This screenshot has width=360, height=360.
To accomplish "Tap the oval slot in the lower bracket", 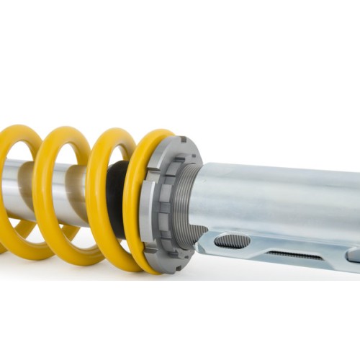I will click(231, 240).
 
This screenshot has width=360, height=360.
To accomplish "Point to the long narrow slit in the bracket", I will click(294, 254).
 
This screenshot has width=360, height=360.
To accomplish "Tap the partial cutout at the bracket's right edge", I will click(354, 255).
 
